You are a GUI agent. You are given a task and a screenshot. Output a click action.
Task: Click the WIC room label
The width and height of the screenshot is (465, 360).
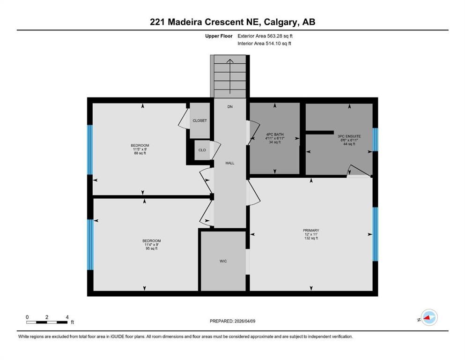223,261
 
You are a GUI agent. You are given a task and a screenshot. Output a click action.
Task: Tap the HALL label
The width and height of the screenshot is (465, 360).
229,163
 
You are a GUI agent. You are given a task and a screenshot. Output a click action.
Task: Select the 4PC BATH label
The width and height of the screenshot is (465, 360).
274,135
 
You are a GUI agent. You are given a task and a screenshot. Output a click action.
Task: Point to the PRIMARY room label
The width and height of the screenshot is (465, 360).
311,230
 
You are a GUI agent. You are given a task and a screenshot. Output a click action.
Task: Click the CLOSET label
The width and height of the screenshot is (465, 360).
199,120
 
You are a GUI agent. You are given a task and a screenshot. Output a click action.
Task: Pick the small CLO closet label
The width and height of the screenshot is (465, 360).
202,150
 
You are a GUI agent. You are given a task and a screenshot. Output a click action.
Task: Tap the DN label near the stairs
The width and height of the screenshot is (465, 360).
229,107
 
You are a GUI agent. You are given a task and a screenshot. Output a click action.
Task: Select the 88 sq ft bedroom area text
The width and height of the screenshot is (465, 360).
140,153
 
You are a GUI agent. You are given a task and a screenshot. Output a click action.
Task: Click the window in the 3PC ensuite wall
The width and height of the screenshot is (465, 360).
375,139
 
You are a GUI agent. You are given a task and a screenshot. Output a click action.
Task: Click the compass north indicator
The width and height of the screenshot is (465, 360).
428,318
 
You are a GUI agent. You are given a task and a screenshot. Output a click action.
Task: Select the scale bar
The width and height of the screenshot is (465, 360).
47,322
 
